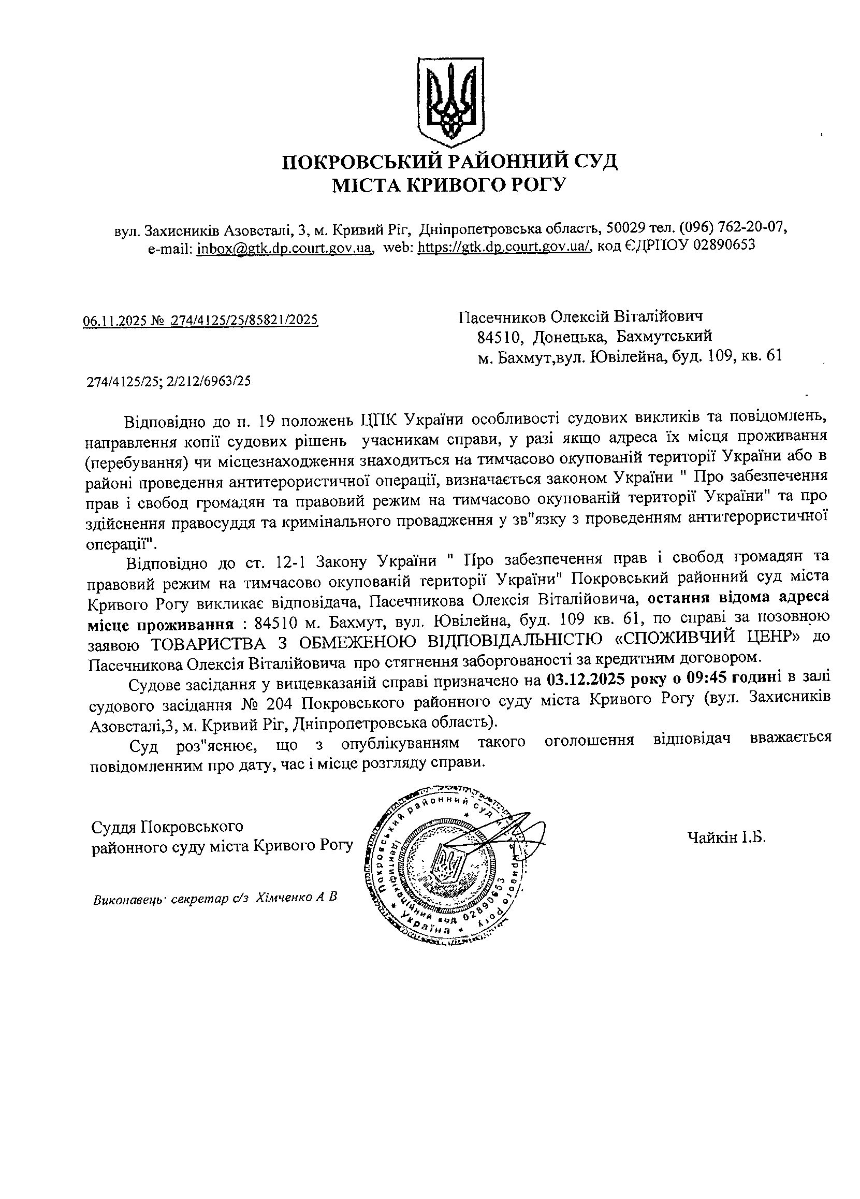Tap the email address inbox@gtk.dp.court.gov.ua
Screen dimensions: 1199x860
pos(285,247)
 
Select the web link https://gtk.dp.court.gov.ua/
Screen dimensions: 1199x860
pos(503,247)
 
